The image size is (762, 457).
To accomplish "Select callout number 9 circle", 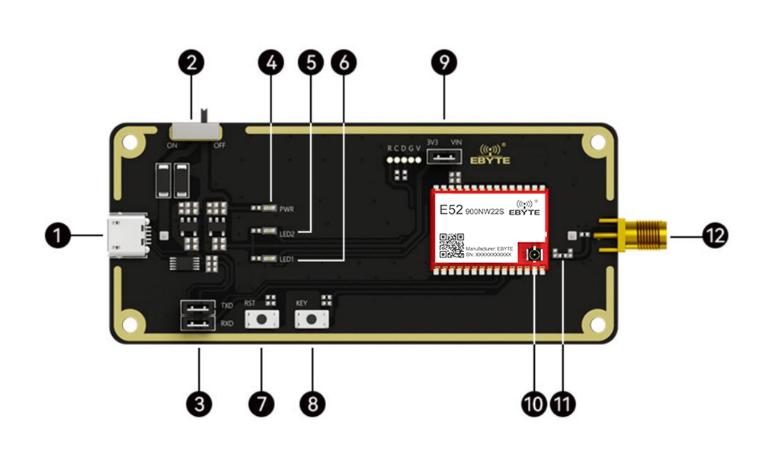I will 443,62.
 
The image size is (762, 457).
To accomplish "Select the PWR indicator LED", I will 267,207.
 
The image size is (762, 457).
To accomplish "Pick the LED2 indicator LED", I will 267,232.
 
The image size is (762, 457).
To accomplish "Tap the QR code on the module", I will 451,246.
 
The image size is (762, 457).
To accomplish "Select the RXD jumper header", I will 198,324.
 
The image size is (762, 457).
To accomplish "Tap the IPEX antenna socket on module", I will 535,254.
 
